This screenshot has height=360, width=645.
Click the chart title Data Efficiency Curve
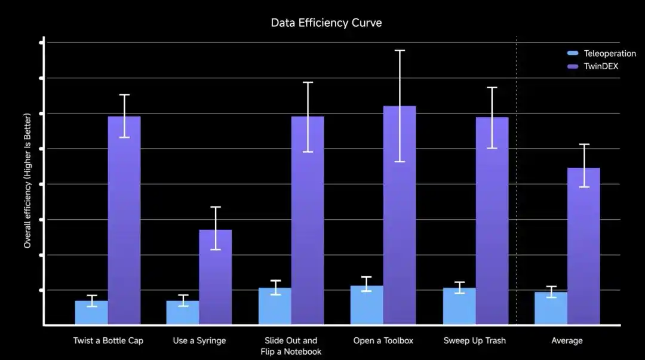(x=326, y=23)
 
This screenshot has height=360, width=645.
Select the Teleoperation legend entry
(x=601, y=54)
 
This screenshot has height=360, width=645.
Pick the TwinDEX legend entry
(x=593, y=66)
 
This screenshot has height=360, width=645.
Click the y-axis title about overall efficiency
(x=27, y=181)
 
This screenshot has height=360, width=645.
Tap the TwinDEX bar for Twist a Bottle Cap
(x=124, y=220)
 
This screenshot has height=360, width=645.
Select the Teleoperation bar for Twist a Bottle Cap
(x=91, y=313)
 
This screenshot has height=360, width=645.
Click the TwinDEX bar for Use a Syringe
(x=216, y=277)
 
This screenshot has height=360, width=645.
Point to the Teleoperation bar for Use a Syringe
(x=183, y=313)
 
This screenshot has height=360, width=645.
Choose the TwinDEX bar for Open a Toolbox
(x=400, y=215)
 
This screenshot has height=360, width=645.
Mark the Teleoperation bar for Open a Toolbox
(x=367, y=305)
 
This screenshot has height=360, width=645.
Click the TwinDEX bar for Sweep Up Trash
(x=492, y=221)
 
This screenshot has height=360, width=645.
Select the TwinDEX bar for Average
(x=583, y=246)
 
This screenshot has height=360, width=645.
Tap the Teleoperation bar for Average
(x=551, y=309)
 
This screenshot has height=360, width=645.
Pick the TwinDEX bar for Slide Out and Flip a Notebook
(x=308, y=220)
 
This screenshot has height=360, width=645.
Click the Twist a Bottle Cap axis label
(x=108, y=341)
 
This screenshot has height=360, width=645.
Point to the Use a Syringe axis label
(x=199, y=341)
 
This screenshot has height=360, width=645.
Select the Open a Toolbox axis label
(x=383, y=341)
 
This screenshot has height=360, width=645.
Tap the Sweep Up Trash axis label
(x=475, y=341)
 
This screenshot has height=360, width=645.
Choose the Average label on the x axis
(x=567, y=341)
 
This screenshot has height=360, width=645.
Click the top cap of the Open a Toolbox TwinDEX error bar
(x=400, y=51)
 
